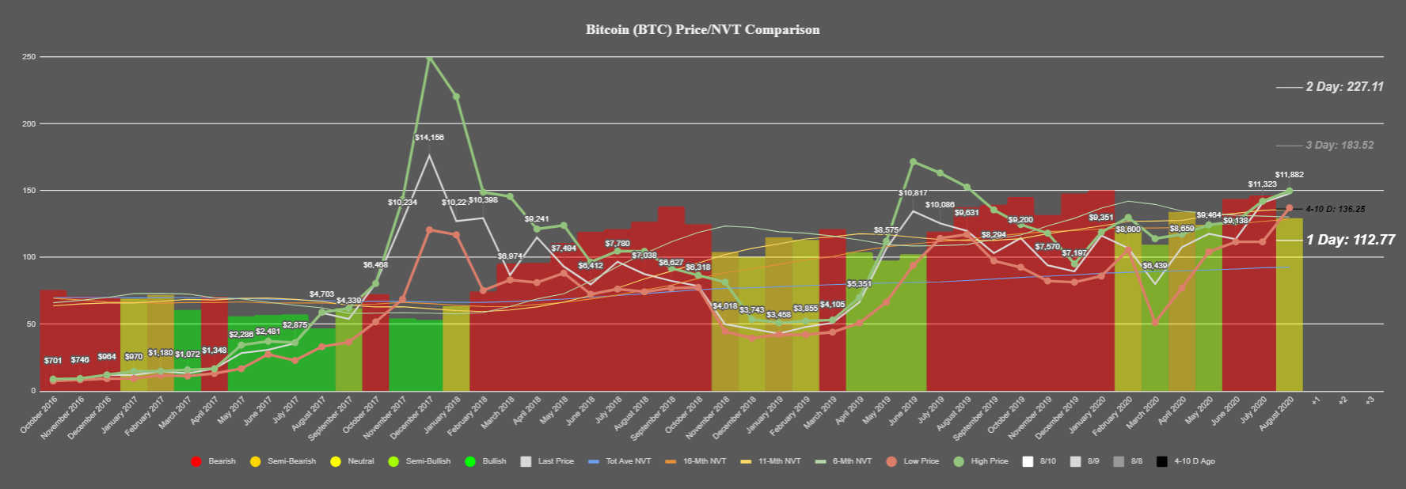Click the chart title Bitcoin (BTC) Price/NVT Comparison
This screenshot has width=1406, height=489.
click(702, 30)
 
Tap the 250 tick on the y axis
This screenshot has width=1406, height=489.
click(28, 57)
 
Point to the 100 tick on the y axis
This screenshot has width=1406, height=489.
click(28, 257)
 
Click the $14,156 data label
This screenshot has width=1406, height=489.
click(429, 138)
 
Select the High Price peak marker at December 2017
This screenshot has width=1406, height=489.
click(429, 58)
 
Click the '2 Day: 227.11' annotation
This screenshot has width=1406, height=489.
click(1344, 87)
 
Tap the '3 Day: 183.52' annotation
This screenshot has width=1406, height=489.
click(1339, 146)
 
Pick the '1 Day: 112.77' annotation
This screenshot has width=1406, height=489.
click(1350, 240)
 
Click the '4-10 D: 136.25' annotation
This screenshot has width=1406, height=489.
click(1335, 210)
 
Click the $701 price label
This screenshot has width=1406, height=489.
click(53, 361)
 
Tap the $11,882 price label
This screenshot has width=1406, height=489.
click(1289, 175)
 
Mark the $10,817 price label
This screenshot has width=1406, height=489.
click(913, 193)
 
